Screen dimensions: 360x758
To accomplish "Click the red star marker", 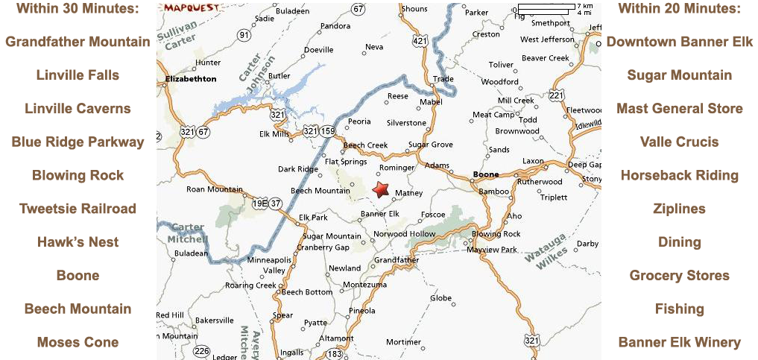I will click(381, 189).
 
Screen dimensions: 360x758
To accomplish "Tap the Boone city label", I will click(486, 176).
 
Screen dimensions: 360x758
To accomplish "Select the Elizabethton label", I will click(191, 79).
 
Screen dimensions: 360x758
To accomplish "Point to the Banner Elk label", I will click(380, 214).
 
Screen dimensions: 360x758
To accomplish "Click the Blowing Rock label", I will click(496, 234).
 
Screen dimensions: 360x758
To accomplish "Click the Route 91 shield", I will click(244, 35).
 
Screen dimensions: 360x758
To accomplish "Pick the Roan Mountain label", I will click(215, 189).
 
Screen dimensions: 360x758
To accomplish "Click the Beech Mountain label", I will click(320, 191).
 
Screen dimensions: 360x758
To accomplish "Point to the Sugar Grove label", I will click(431, 145).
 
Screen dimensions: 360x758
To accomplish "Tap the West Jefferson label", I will click(547, 40).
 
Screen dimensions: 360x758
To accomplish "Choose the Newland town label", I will click(345, 268).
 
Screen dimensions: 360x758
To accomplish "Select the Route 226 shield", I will click(201, 351).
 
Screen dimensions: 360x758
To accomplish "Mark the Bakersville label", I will click(215, 320).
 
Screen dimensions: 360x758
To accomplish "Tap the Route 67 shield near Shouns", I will click(359, 9).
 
